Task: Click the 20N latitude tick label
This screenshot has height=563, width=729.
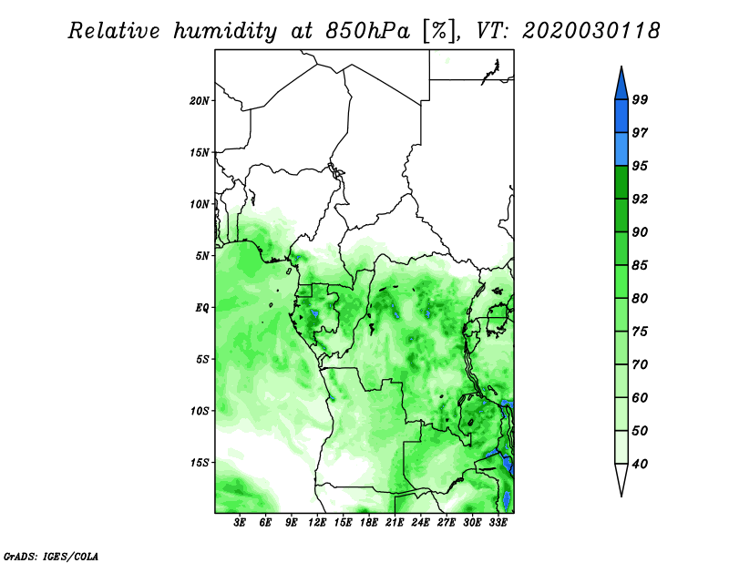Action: coord(200,101)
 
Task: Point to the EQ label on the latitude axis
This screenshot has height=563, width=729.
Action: coord(201,308)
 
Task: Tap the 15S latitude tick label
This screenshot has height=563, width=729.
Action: coord(200,463)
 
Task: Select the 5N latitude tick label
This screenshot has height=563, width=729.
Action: coord(202,256)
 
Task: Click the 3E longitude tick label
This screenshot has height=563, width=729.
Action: coord(240,523)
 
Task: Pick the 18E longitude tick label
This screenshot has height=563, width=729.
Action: coord(369,523)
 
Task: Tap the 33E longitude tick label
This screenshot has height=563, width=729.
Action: coord(498,523)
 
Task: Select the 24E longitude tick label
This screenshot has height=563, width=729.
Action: coord(420,523)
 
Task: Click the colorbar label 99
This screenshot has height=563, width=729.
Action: coord(640,99)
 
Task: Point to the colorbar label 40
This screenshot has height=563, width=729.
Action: coord(640,464)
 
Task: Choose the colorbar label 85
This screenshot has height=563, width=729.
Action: coord(640,265)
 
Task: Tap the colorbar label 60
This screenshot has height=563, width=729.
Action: coord(640,397)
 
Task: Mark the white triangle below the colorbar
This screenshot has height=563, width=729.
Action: coord(621,477)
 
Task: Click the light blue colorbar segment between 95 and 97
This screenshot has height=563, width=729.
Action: coord(621,149)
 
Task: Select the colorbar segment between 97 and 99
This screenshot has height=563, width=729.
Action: coord(621,117)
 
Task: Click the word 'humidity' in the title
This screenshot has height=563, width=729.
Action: coord(225,31)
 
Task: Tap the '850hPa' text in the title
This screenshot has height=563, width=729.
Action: coord(368,31)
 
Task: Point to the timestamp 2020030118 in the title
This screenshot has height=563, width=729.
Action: coord(590,31)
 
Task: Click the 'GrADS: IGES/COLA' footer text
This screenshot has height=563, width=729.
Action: coord(51,556)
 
